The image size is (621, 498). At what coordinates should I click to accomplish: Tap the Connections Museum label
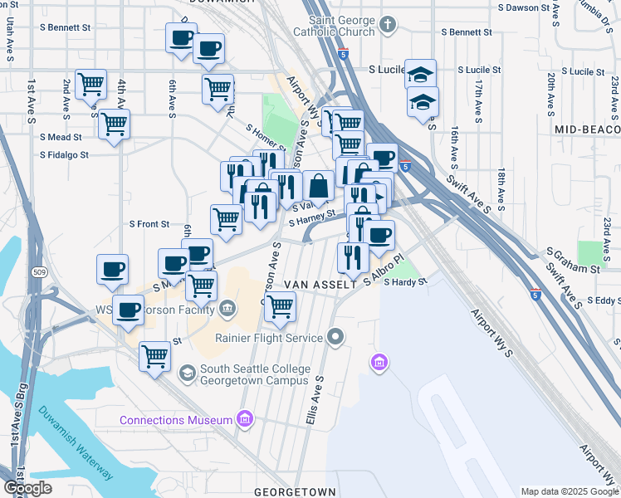176,420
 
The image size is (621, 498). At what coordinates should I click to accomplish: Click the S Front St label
149,224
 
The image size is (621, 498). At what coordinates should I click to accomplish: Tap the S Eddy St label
603,300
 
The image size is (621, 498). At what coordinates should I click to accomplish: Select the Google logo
27,488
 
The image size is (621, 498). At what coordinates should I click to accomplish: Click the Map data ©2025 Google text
570,491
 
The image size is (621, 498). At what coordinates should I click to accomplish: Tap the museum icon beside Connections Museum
244,420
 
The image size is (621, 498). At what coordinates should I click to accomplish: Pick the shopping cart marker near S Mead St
114,124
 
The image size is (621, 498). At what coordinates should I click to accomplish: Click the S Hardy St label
405,282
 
